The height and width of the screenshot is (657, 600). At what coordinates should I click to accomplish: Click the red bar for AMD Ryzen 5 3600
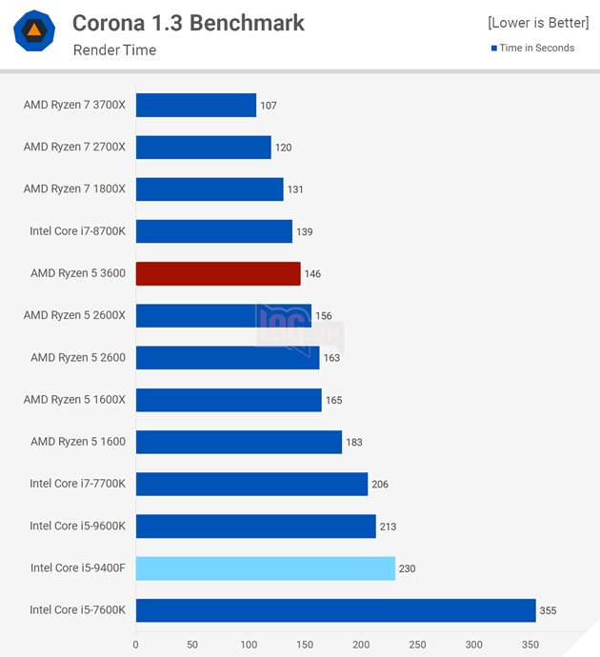click(x=218, y=274)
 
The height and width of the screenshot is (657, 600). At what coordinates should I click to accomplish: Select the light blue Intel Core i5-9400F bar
click(x=265, y=568)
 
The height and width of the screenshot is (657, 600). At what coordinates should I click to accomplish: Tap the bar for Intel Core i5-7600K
click(x=335, y=610)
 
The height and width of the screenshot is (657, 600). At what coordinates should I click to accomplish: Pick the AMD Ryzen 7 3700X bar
click(x=196, y=105)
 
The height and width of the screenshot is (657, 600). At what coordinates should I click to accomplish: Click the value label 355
click(x=548, y=610)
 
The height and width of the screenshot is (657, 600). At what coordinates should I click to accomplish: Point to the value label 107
click(x=268, y=106)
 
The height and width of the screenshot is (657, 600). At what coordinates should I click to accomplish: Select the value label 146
click(x=312, y=274)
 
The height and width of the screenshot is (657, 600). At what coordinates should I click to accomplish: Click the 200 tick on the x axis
click(x=361, y=645)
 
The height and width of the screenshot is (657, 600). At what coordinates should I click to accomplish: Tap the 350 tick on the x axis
click(x=530, y=645)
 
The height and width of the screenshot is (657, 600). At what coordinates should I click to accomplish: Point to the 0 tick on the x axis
click(x=136, y=645)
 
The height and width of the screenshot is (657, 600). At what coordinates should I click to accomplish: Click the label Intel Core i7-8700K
click(x=77, y=231)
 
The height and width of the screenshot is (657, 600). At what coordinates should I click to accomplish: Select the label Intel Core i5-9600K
click(x=77, y=526)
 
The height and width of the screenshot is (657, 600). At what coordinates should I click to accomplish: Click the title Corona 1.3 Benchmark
click(x=189, y=23)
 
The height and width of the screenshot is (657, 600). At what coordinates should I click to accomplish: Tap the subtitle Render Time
click(x=114, y=50)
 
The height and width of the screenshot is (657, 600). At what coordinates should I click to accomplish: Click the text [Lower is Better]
click(x=538, y=23)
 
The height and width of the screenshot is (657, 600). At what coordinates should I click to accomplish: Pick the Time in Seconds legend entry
click(x=532, y=48)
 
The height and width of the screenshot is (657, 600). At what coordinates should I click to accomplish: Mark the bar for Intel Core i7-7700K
click(x=251, y=484)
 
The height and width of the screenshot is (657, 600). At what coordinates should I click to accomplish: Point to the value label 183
click(x=354, y=443)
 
